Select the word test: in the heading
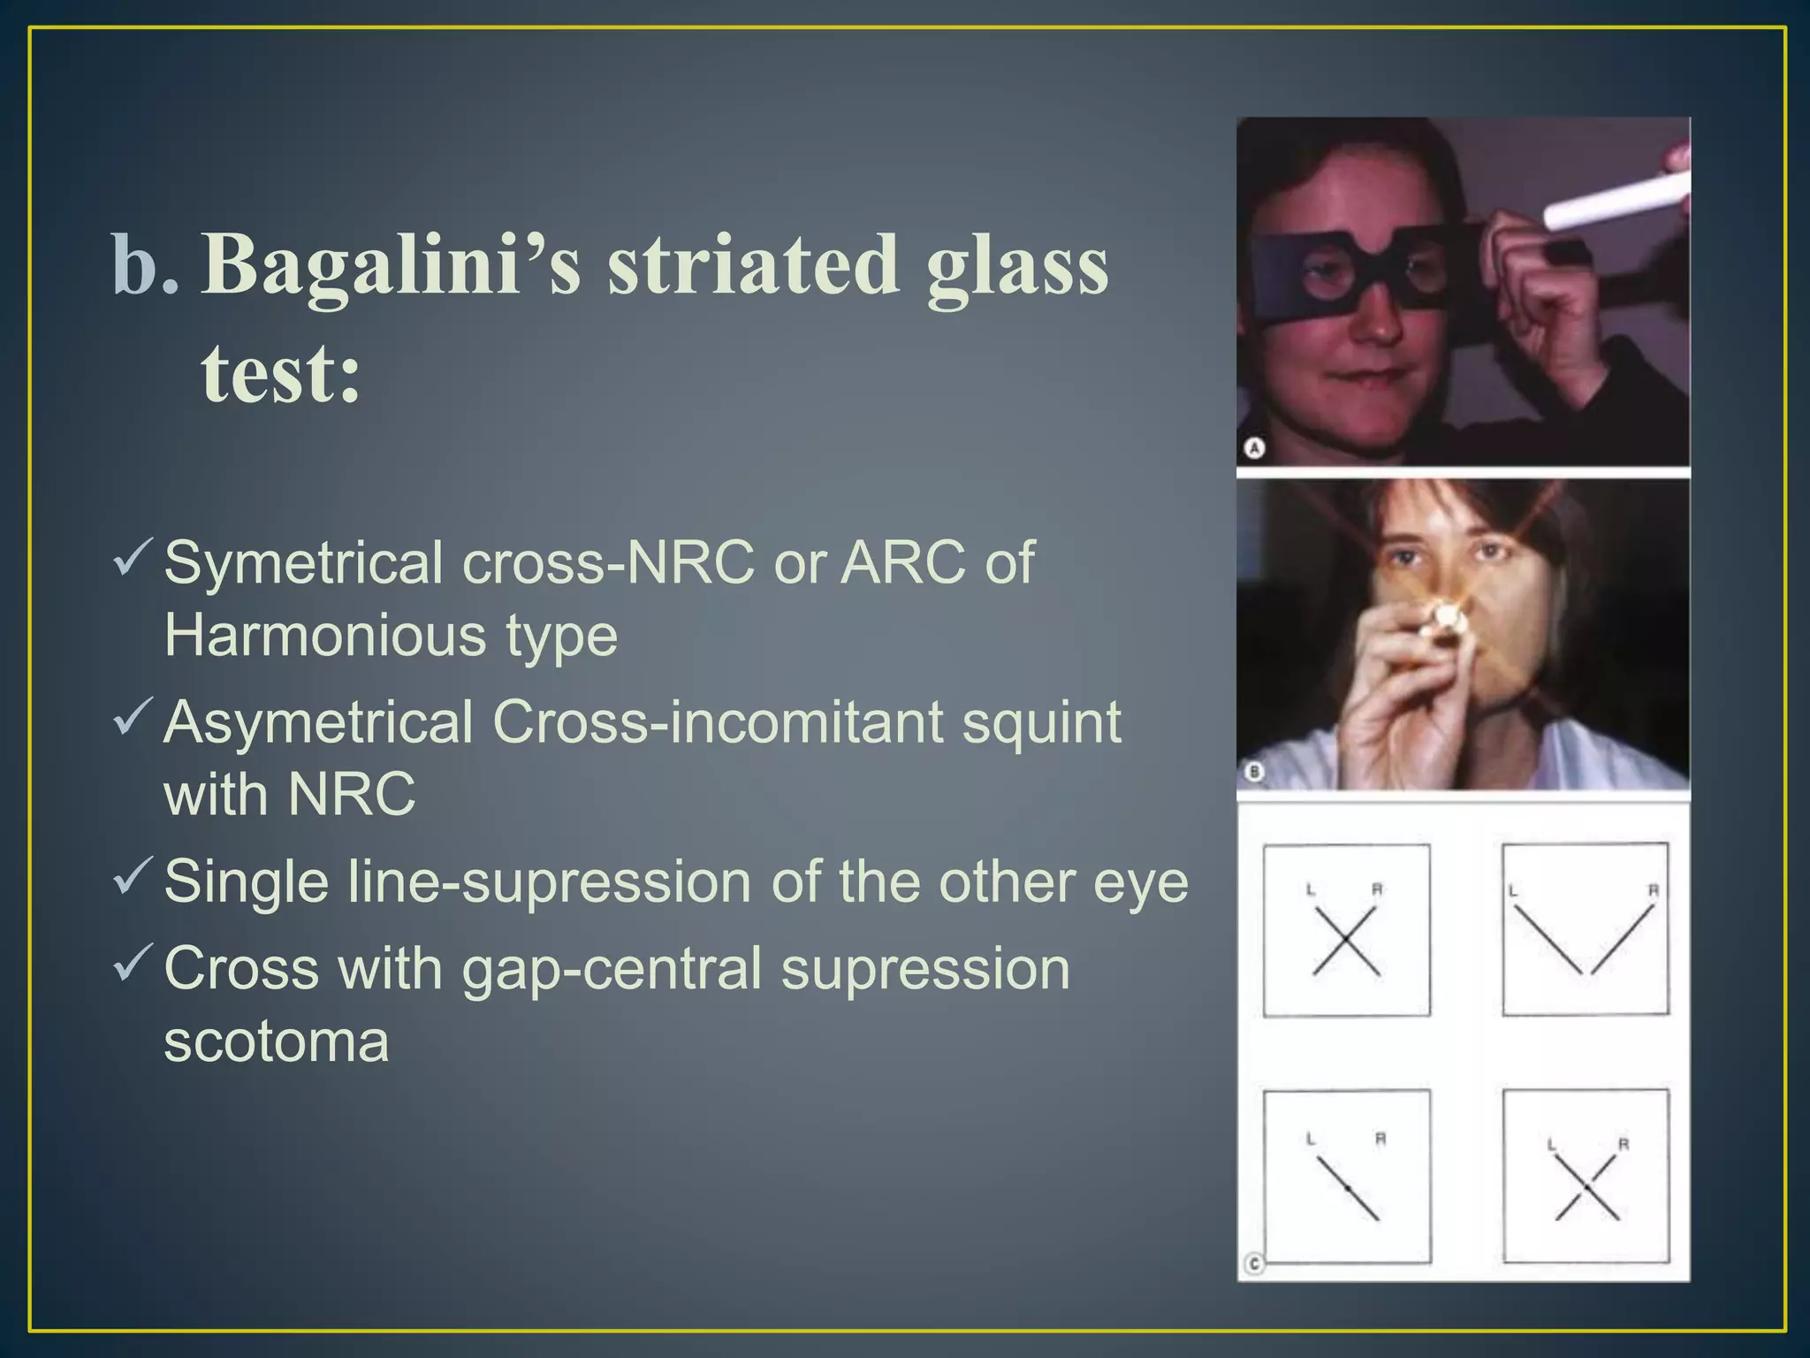[281, 373]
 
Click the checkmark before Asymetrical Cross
[133, 717]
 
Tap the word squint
[1040, 722]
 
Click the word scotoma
[276, 1041]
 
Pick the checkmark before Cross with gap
[133, 963]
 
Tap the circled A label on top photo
[1254, 448]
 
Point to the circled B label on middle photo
[1254, 773]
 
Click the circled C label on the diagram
[1254, 1264]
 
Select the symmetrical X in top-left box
[1345, 942]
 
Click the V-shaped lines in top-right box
[1586, 942]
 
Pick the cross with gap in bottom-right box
[1587, 1189]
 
